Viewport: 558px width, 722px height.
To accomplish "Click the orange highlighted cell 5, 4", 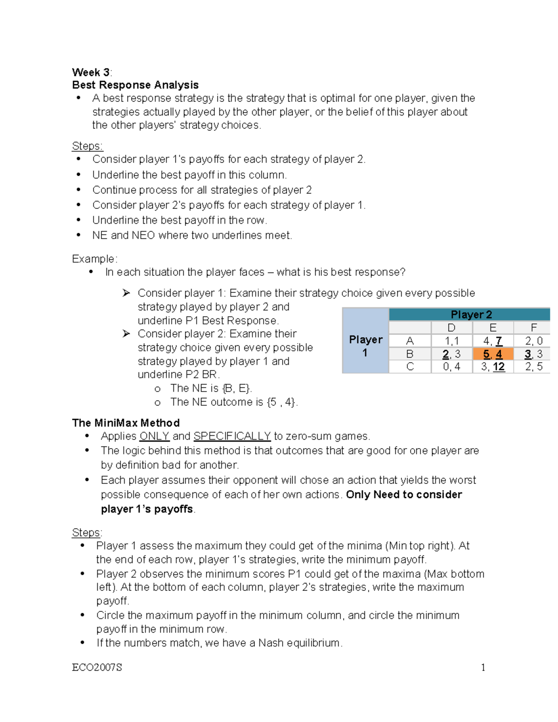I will coord(493,354).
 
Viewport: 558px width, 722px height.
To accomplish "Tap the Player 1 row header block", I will coord(365,346).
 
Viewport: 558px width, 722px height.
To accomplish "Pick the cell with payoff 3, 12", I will coord(493,367).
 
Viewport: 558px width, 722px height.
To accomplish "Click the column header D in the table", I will coord(451,328).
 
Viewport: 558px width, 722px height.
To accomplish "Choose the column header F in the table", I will coord(533,328).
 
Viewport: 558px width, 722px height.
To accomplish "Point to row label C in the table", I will coord(410,367).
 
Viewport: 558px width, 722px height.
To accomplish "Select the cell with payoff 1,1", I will coord(451,341).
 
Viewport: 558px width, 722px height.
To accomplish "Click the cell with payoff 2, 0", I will coord(533,341).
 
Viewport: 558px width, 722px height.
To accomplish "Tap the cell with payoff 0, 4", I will coord(451,367).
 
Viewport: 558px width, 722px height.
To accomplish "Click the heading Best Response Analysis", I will coord(135,85).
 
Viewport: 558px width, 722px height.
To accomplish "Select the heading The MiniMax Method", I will coord(126,423).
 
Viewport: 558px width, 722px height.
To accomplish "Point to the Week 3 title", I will coord(91,72).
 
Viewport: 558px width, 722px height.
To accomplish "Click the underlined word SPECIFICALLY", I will coord(232,436).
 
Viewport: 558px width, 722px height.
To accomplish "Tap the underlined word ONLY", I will coord(154,436).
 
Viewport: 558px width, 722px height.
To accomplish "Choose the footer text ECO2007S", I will coord(97,668).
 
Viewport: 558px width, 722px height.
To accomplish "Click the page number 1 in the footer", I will coord(483,668).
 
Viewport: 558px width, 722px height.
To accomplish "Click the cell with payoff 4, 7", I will coord(493,341).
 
